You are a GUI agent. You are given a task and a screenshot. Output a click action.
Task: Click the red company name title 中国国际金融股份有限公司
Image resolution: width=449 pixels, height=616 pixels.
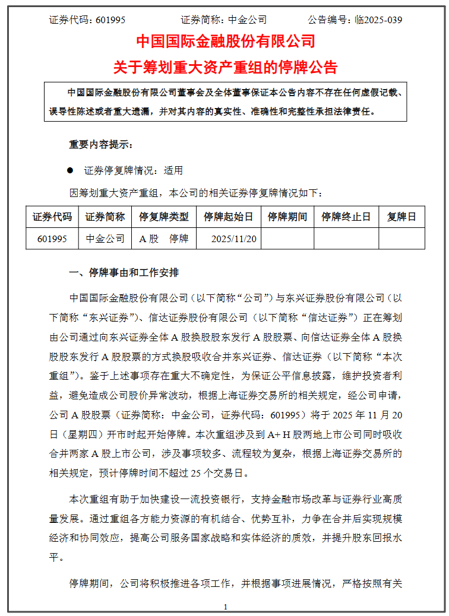(226, 41)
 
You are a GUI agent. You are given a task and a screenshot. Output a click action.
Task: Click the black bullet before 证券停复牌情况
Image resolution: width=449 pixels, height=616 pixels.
(70, 170)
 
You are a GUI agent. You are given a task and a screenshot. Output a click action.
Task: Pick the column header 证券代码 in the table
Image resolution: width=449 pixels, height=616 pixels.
(52, 217)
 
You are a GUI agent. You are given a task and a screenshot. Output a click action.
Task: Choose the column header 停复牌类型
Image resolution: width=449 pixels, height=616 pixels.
(163, 217)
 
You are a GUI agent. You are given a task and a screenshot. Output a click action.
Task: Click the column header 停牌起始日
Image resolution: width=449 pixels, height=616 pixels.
(228, 217)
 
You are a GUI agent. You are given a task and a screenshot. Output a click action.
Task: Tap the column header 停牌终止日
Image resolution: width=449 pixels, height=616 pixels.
(346, 217)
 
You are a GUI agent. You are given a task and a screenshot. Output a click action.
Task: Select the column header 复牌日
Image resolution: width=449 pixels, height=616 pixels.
(401, 217)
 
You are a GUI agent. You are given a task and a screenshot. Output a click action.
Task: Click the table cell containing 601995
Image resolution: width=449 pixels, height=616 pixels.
(52, 239)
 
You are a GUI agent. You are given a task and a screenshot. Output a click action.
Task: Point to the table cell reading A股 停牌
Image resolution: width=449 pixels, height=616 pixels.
(163, 239)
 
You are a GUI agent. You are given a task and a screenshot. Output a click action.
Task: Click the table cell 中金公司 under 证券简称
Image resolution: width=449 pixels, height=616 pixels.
(105, 239)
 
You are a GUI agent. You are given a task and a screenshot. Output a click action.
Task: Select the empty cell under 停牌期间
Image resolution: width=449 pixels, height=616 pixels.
(287, 239)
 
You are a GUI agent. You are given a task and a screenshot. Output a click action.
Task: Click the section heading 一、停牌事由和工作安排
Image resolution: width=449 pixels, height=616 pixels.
(124, 273)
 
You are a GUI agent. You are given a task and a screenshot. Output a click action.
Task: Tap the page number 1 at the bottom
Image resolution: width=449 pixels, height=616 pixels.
(226, 607)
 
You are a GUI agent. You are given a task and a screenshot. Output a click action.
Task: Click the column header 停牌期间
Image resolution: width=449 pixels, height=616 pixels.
(287, 217)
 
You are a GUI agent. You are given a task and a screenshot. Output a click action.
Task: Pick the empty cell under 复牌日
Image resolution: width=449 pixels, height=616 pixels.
(401, 239)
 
